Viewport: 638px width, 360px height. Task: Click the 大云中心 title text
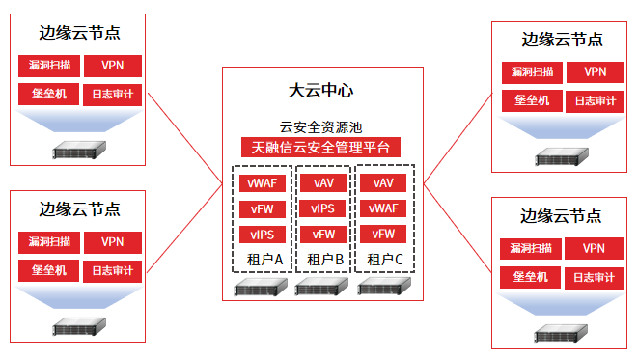[x=321, y=91]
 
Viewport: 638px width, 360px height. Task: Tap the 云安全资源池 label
[x=320, y=127]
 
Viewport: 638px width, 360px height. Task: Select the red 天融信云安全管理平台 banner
[x=320, y=148]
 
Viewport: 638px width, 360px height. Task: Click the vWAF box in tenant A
[x=262, y=183]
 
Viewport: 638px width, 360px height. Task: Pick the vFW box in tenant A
[x=262, y=209]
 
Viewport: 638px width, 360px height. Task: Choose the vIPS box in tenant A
[x=262, y=235]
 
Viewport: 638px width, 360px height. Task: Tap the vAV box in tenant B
[x=323, y=183]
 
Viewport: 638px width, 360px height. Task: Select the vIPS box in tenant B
[x=322, y=208]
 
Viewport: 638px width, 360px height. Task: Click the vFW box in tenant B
[x=323, y=235]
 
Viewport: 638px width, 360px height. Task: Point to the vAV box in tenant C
[x=383, y=182]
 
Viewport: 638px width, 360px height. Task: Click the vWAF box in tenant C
[x=383, y=208]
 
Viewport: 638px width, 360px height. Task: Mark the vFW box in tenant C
[x=383, y=234]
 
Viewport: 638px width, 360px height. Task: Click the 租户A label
[x=264, y=260]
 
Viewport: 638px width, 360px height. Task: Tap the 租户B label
[x=325, y=260]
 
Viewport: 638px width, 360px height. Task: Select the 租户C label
[x=385, y=260]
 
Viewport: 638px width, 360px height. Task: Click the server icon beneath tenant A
[x=261, y=287]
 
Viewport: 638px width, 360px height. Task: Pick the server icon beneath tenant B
[x=321, y=287]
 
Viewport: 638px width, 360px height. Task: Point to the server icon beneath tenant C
[x=384, y=286]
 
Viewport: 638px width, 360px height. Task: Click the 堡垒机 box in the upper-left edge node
[x=49, y=94]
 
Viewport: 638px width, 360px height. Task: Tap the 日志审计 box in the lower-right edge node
[x=594, y=278]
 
